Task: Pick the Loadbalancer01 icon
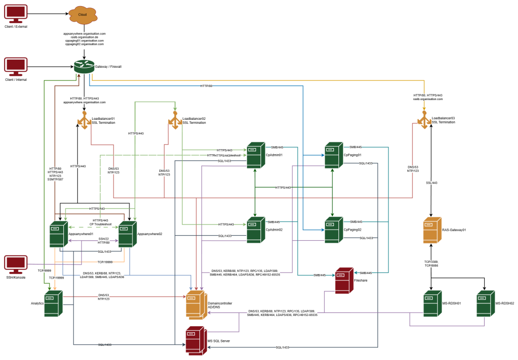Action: click(83, 120)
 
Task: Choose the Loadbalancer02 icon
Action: click(175, 120)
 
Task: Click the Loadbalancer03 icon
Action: click(424, 120)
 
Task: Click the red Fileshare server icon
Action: click(343, 280)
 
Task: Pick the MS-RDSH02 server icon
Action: click(485, 303)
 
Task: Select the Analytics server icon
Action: click(53, 303)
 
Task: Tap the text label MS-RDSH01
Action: click(452, 303)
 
